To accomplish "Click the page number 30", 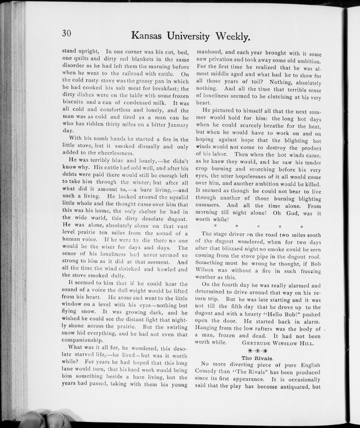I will [x=66, y=33].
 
